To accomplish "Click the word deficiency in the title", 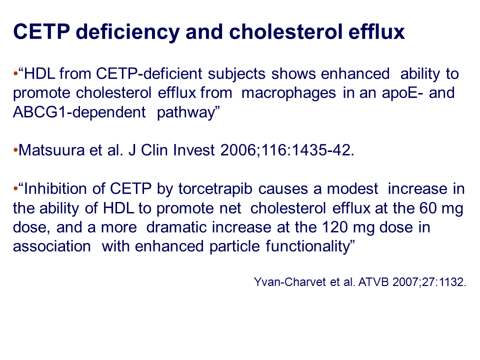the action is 127,32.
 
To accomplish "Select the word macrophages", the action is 288,93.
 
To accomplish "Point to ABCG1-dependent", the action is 79,112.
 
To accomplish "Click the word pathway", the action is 185,113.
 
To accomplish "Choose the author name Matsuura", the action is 51,150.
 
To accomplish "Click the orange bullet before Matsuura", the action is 15,150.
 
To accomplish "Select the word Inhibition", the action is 64,188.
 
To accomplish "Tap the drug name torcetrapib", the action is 215,189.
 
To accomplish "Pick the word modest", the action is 352,188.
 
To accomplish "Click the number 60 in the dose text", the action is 427,208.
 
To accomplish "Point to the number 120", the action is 335,227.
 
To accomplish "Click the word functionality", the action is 310,246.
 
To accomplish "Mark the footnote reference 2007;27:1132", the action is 429,282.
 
